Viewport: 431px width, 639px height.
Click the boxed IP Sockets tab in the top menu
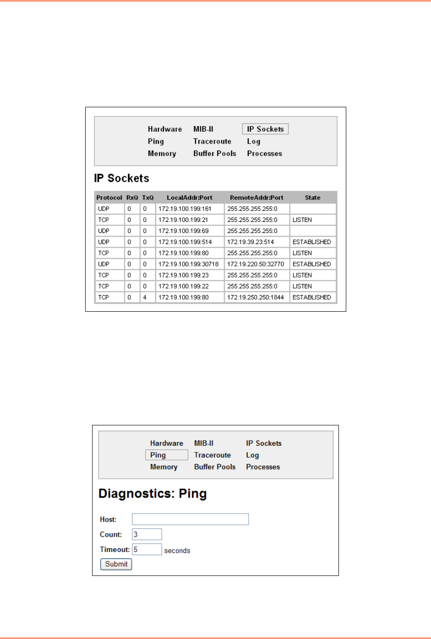[265, 129]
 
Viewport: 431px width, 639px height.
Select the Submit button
[116, 564]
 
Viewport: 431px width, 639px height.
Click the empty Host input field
[190, 519]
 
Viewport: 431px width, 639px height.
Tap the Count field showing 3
[147, 534]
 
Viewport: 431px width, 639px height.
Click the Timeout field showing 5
[147, 549]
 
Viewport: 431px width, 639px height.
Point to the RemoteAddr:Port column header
[256, 198]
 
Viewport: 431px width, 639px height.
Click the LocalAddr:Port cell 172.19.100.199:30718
[188, 264]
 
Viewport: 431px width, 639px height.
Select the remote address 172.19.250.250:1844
[256, 297]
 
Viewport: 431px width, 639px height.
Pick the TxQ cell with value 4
[145, 297]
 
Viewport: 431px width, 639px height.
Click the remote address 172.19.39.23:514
[250, 242]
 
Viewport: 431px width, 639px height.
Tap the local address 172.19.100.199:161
[185, 209]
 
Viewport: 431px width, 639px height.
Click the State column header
[312, 198]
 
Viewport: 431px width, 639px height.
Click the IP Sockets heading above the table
[122, 179]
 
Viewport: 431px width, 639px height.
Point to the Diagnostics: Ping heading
[152, 494]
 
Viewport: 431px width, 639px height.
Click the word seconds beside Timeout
[177, 551]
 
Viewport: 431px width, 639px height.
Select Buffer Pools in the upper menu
[215, 154]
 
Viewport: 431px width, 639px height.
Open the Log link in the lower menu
[252, 455]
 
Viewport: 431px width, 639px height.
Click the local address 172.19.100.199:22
[183, 286]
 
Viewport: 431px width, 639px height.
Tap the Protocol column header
[109, 198]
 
